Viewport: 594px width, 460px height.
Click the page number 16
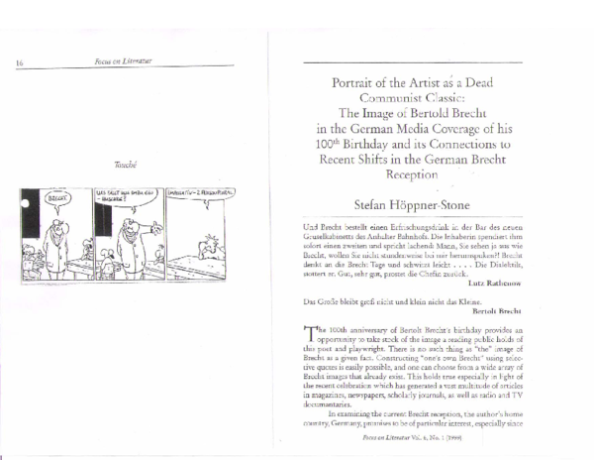(20, 63)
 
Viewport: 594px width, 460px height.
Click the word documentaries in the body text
(332, 404)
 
